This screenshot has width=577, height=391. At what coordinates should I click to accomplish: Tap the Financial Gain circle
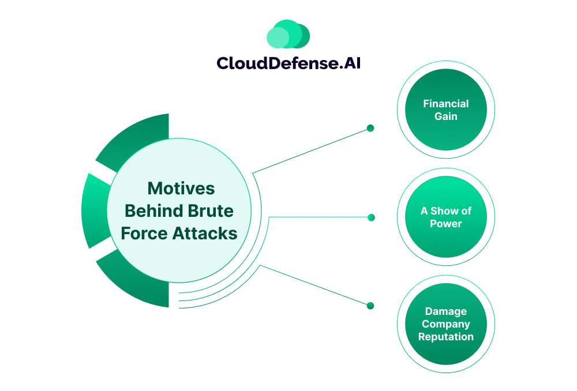pyautogui.click(x=445, y=110)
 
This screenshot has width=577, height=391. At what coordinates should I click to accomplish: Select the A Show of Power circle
pyautogui.click(x=445, y=217)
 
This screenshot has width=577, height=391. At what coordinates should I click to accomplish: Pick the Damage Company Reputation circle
pyautogui.click(x=445, y=324)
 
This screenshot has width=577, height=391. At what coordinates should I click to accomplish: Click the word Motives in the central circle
pyautogui.click(x=181, y=189)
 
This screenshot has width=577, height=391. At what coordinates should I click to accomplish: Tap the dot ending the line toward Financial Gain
pyautogui.click(x=370, y=128)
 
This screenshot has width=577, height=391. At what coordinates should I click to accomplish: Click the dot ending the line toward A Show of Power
pyautogui.click(x=371, y=217)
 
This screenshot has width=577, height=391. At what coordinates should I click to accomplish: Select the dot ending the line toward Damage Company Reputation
pyautogui.click(x=370, y=306)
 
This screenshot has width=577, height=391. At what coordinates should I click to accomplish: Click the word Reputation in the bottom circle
pyautogui.click(x=445, y=337)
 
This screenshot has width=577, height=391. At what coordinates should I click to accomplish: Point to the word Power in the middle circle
pyautogui.click(x=445, y=223)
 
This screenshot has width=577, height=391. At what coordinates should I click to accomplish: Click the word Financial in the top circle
pyautogui.click(x=445, y=104)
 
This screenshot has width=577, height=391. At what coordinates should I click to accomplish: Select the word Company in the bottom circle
pyautogui.click(x=445, y=324)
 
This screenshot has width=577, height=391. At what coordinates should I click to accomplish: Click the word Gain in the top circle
pyautogui.click(x=445, y=116)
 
